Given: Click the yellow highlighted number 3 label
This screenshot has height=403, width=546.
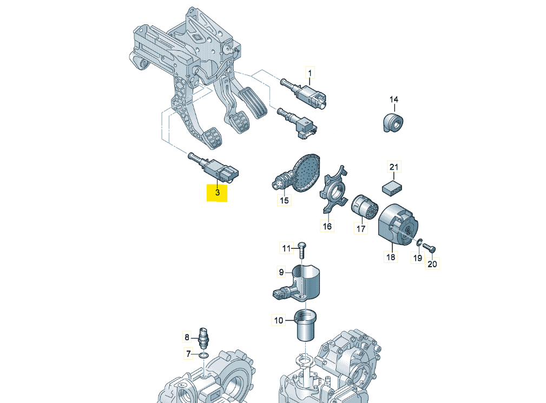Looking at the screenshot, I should [x=218, y=193].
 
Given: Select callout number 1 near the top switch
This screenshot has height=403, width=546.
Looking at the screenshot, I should [x=311, y=72].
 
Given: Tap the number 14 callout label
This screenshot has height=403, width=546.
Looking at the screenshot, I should [x=394, y=99].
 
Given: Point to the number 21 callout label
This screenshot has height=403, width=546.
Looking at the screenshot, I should [x=394, y=167].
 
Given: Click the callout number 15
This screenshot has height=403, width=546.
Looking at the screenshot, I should [x=284, y=201].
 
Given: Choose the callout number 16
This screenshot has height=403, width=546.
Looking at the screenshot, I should [x=327, y=226].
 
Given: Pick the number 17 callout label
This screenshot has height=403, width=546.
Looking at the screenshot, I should [x=361, y=229].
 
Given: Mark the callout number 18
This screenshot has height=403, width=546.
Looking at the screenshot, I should [x=391, y=257].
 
